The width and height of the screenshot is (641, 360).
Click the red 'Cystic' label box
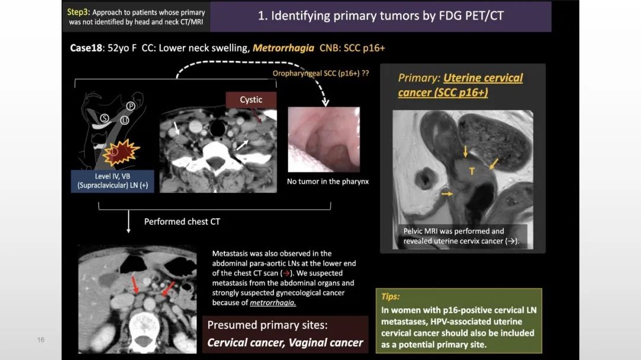click(251, 100)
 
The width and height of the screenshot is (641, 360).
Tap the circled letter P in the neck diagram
click(131, 106)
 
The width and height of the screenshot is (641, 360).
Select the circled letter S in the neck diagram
click(104, 118)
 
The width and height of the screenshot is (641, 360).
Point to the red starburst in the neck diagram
click(121, 152)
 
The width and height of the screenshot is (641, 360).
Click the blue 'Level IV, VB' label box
click(112, 181)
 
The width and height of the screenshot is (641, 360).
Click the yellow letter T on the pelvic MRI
click(472, 171)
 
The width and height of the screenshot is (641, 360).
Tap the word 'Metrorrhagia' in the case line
click(283, 48)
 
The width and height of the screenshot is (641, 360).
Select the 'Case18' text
click(86, 48)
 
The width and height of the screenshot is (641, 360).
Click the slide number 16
click(41, 340)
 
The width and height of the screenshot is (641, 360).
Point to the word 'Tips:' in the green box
click(391, 297)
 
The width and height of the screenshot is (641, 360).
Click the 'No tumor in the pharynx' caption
click(328, 181)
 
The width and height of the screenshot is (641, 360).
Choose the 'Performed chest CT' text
click(182, 221)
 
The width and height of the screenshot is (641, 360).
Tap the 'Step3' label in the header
click(78, 12)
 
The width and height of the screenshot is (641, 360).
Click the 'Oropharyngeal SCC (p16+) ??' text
click(321, 73)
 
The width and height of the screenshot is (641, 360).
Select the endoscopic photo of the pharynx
click(324, 139)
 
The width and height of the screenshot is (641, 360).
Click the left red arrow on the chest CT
click(134, 285)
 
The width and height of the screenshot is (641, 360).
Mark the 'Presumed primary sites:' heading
click(267, 325)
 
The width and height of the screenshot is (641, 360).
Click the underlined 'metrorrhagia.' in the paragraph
click(272, 303)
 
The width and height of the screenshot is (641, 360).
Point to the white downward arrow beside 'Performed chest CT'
click(128, 221)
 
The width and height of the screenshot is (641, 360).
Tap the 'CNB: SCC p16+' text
click(352, 48)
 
